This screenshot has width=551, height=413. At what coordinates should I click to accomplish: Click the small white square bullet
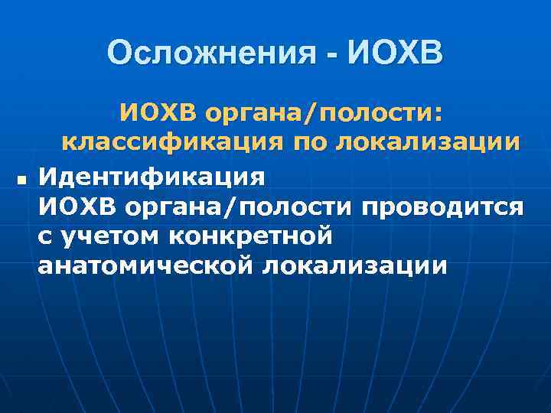click(21, 181)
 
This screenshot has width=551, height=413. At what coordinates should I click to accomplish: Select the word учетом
click(107, 237)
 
